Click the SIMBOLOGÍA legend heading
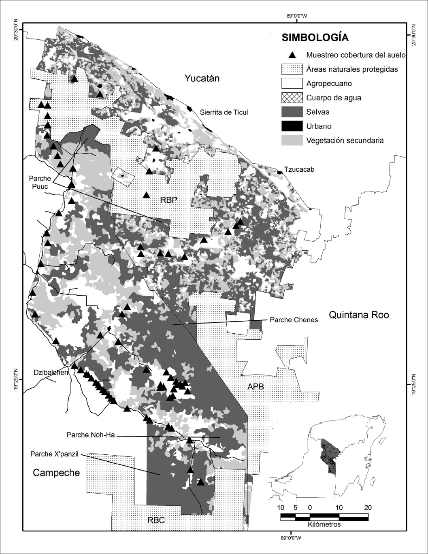coord(315,38)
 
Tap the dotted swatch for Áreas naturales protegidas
coord(292,69)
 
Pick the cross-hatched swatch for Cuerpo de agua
coord(292,98)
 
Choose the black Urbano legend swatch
coord(292,126)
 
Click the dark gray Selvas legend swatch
coord(292,112)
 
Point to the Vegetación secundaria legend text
coord(345,141)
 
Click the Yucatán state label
coord(202,78)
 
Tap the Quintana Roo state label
coord(359,315)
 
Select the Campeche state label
coord(56,473)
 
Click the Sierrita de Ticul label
coord(224,112)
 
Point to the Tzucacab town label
coord(299,169)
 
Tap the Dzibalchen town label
coord(51,373)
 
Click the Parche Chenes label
coord(294,320)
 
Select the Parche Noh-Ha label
coord(91,435)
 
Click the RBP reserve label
coord(168,200)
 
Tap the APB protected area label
coord(256,387)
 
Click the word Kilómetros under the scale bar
coord(324,524)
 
